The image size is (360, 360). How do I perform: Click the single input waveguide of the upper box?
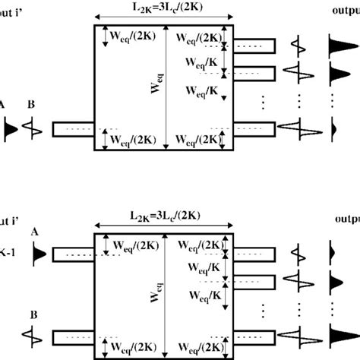click(x=73, y=128)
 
